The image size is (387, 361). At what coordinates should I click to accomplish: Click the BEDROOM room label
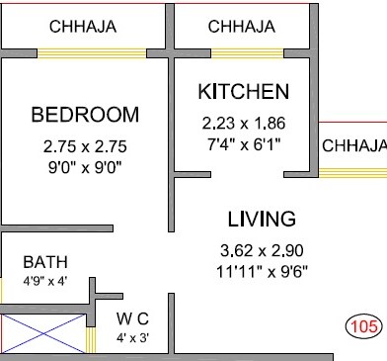(85, 115)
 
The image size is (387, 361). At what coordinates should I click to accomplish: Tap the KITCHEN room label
(244, 91)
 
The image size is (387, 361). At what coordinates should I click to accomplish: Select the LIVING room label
(262, 219)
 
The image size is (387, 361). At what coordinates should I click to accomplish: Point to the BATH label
(45, 262)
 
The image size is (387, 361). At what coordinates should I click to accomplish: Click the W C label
(132, 318)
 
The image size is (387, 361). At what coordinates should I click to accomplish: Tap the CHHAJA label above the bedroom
(83, 27)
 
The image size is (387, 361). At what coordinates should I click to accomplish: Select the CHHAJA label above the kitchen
(242, 27)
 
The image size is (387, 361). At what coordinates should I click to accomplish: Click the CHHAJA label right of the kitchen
(354, 145)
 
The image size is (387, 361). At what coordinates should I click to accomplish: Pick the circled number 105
(364, 326)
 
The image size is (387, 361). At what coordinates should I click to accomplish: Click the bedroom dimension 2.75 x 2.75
(85, 146)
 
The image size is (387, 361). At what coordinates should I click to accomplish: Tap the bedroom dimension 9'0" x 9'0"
(85, 168)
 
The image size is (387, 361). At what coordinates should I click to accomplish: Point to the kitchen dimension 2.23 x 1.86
(244, 124)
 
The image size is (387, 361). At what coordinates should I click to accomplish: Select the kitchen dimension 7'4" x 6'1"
(244, 144)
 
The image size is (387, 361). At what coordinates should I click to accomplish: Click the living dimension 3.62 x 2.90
(262, 250)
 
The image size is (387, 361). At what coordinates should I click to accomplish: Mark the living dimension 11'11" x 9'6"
(262, 272)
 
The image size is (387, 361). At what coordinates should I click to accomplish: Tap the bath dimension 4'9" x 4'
(45, 281)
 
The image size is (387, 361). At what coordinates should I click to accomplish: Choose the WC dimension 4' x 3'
(132, 337)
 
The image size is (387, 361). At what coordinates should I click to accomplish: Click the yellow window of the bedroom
(92, 53)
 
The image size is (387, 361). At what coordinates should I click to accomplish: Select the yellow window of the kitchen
(247, 53)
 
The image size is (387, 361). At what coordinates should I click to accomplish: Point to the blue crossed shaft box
(43, 333)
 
